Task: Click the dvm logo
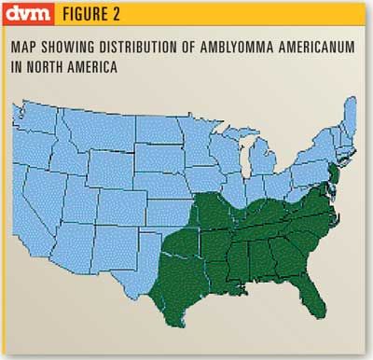[29, 15]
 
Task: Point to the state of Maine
[348, 117]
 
